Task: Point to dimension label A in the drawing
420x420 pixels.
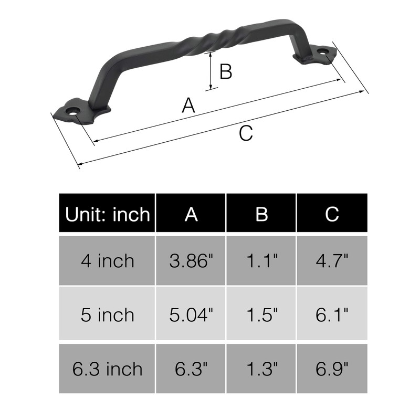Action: [188, 106]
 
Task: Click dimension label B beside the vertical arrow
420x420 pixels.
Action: [226, 71]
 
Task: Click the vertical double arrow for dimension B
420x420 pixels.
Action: [211, 70]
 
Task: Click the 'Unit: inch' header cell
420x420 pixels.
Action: [107, 214]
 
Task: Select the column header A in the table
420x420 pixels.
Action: [191, 214]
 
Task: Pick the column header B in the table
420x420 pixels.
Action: [261, 214]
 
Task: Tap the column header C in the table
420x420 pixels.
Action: [332, 214]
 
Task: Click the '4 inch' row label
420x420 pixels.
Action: [107, 260]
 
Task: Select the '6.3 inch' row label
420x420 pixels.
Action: [107, 369]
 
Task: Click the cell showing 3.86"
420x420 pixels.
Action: [191, 260]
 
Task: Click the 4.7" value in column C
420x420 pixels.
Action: [332, 260]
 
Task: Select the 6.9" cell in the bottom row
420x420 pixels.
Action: [332, 369]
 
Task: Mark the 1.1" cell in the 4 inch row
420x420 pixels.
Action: [261, 260]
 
